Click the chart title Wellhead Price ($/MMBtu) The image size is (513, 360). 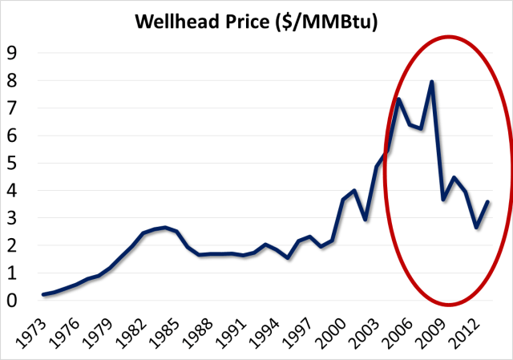256,19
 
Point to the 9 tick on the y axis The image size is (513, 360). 12,53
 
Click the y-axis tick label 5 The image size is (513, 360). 12,163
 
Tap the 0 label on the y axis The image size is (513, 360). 12,301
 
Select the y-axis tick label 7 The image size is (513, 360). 12,107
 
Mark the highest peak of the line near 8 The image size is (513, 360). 431,81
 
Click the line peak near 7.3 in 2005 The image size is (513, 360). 398,99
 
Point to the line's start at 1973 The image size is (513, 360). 43,294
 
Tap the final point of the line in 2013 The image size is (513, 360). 487,202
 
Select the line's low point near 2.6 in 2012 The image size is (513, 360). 476,228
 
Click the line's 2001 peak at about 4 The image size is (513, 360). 354,190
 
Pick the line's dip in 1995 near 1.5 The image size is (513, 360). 288,258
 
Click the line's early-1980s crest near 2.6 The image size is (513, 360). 164,228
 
